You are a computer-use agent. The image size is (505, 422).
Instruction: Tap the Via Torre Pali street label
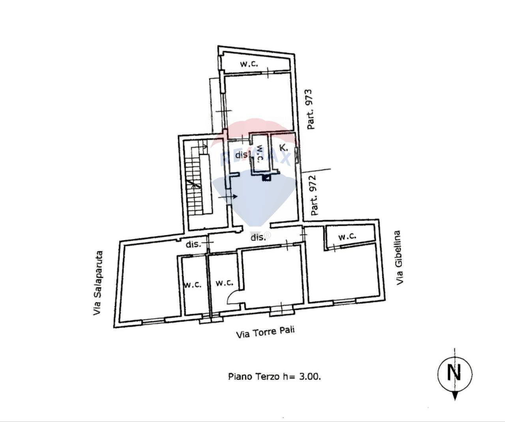coord(265,332)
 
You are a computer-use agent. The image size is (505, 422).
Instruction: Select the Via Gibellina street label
coord(400,258)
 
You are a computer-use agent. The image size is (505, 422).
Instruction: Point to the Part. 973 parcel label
coord(310,110)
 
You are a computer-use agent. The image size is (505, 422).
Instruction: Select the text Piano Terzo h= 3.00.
coord(274,377)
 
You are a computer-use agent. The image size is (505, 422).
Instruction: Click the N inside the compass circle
coord(454,372)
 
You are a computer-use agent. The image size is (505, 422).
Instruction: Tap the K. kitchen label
coord(283,148)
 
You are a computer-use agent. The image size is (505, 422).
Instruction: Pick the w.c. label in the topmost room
coord(249,64)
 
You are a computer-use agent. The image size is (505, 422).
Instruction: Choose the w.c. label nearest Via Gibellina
coord(347,237)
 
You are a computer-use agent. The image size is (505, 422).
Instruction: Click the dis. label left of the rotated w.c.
coord(241,155)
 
